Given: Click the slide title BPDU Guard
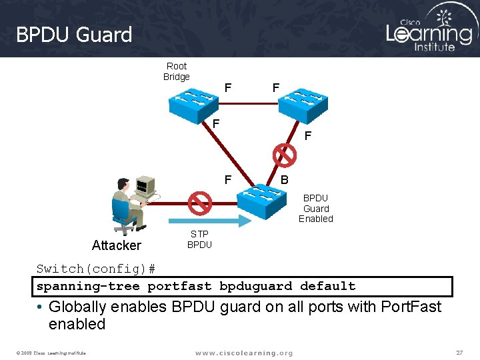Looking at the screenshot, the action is coord(74,35).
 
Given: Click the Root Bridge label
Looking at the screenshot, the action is coord(177,71).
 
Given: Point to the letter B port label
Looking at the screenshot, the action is coord(285,179).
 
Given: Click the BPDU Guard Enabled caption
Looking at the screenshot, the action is coord(316,208).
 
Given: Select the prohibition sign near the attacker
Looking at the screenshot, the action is coord(199,202).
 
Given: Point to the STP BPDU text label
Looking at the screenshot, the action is coord(199,239).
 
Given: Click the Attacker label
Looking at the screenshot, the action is coord(117,245).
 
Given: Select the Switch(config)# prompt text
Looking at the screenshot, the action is coord(96,269).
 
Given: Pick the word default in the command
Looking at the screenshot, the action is coord(328,287).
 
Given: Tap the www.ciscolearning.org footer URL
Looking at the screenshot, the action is coord(244,353).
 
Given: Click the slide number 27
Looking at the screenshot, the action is coord(459,351).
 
